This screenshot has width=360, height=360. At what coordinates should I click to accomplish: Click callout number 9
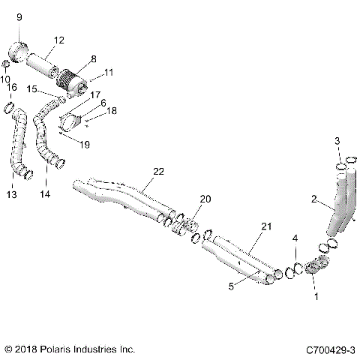point(19,16)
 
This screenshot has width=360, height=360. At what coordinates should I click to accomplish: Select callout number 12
point(59,40)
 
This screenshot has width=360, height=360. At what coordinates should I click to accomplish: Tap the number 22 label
point(158,172)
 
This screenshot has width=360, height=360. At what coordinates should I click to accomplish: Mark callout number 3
point(337,141)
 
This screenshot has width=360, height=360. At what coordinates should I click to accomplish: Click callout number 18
point(112,109)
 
